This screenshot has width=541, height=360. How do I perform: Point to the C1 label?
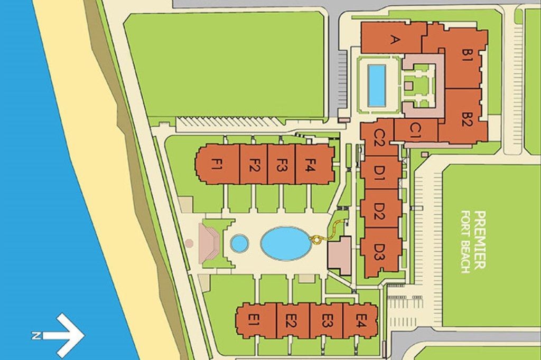[x=415, y=129]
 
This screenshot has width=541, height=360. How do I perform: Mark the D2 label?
[x=378, y=210]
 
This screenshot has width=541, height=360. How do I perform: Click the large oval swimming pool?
[x=286, y=243]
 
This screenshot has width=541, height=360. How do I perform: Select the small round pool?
[x=239, y=243]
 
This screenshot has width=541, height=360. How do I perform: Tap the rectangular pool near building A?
[x=376, y=85]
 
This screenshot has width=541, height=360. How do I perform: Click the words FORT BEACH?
[x=465, y=242]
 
